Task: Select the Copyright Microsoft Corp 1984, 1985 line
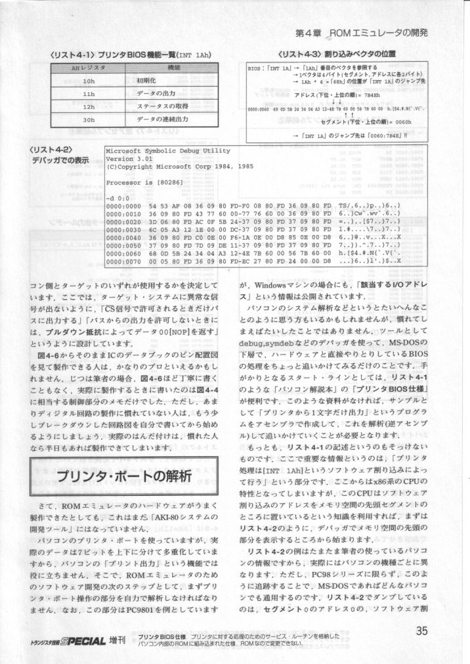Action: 172,167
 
